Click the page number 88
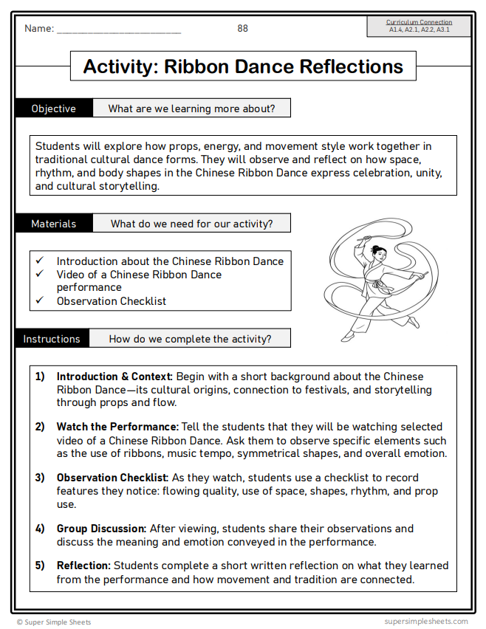(x=242, y=28)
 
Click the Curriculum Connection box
(x=420, y=27)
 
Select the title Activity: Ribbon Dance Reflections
(x=243, y=66)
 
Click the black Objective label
(x=53, y=109)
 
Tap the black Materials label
(x=53, y=224)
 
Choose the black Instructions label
(x=52, y=339)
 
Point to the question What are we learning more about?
(x=191, y=109)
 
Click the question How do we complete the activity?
(x=190, y=339)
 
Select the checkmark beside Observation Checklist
(x=40, y=300)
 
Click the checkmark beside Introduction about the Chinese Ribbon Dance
(x=40, y=261)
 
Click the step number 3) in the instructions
(x=40, y=478)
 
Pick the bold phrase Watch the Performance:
(x=117, y=427)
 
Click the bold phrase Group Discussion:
(x=102, y=529)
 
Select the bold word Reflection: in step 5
(x=83, y=566)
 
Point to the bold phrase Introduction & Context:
(x=114, y=376)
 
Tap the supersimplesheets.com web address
(x=425, y=622)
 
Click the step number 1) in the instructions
(x=40, y=376)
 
